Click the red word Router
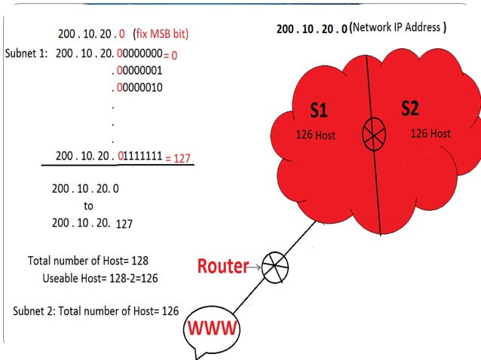[x=222, y=266]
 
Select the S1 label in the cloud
[x=319, y=111]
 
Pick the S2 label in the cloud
[x=409, y=108]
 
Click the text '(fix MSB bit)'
[x=161, y=34]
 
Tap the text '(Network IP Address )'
[x=400, y=28]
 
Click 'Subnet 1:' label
[x=27, y=54]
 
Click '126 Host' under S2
[x=430, y=133]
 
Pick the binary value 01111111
[x=139, y=157]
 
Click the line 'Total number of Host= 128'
[x=88, y=261]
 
